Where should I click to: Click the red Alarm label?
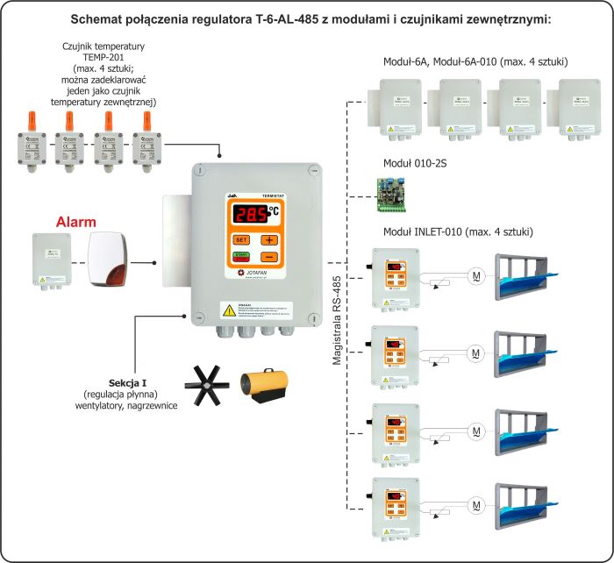[75, 222]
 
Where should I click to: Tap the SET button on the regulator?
[241, 239]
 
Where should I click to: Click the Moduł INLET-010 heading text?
[459, 232]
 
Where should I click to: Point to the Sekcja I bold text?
[129, 383]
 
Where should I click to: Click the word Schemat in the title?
[163, 18]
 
